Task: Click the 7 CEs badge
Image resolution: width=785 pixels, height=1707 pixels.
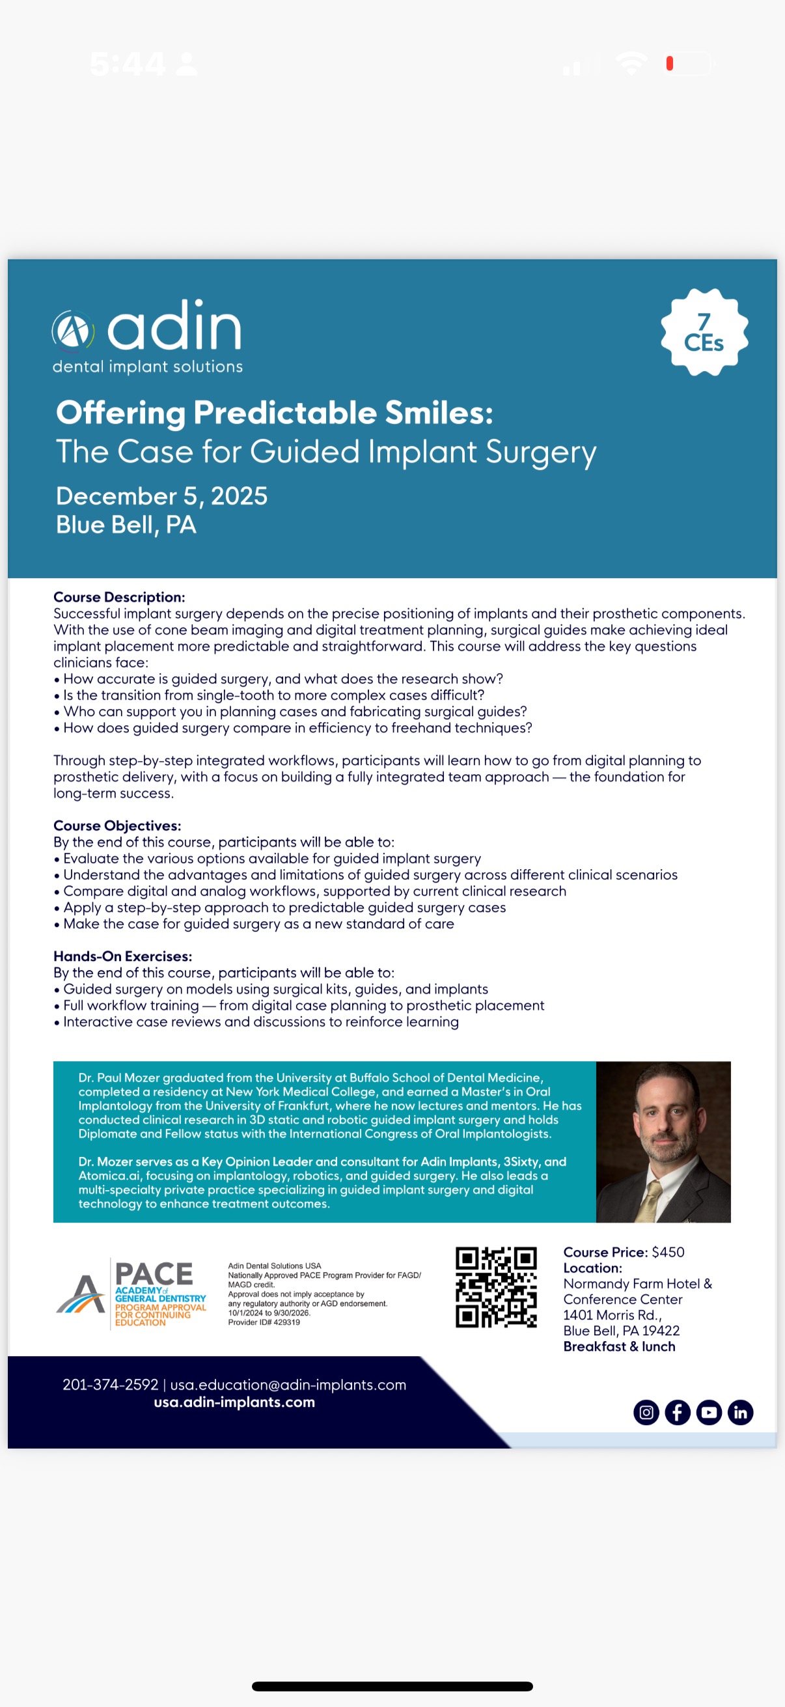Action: click(704, 332)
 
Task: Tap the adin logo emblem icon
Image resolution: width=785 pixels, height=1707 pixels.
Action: click(73, 331)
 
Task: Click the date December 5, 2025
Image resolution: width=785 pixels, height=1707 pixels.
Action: click(161, 496)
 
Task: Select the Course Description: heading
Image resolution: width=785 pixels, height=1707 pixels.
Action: click(119, 597)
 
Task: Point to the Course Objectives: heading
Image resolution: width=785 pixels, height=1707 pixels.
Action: click(117, 826)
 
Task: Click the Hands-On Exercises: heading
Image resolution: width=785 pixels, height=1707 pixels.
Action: click(122, 956)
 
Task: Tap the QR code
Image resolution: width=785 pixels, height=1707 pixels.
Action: click(496, 1287)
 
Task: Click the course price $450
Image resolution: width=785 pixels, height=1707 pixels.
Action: click(668, 1252)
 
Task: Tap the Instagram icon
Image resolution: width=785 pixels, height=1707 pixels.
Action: click(646, 1412)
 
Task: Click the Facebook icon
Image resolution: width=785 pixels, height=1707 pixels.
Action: click(677, 1412)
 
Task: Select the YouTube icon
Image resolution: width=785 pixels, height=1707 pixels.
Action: click(709, 1412)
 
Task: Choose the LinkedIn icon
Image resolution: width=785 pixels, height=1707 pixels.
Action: click(740, 1412)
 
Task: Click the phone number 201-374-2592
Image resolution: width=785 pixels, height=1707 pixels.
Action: click(111, 1384)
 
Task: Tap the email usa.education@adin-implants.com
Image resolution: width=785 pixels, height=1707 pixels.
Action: click(288, 1384)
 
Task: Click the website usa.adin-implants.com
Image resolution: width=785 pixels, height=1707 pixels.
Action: click(234, 1402)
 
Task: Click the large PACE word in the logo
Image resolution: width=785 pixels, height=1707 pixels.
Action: click(154, 1273)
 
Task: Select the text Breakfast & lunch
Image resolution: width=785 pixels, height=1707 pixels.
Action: click(620, 1346)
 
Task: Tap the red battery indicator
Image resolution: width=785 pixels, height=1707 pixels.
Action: click(670, 63)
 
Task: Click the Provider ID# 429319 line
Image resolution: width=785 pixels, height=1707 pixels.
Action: click(264, 1322)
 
